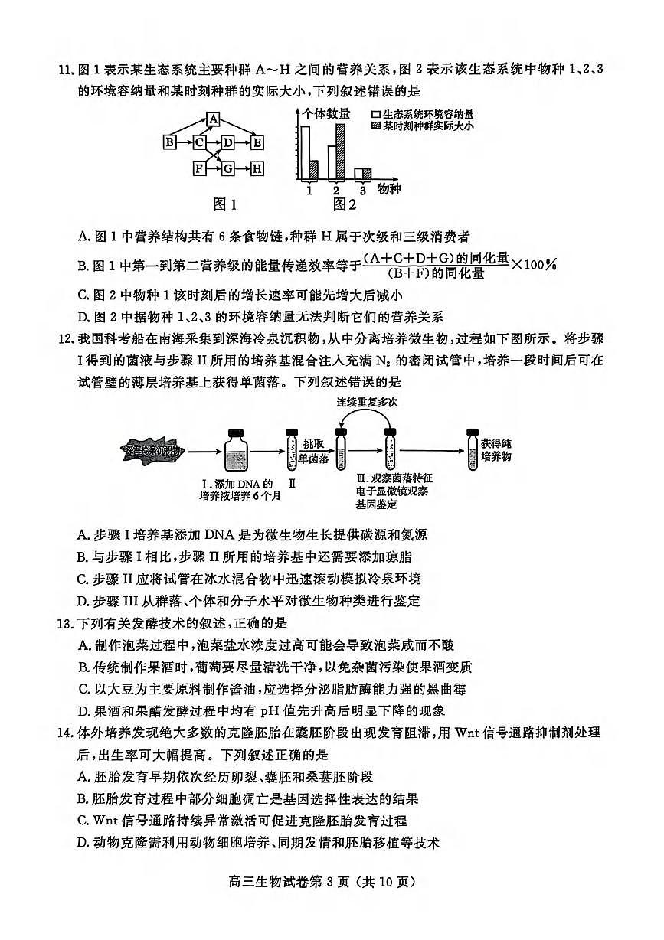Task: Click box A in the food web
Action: coord(214,119)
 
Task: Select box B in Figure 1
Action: coord(170,142)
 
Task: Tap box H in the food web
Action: coord(257,168)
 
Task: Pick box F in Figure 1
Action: coord(200,168)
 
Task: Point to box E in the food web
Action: coord(257,142)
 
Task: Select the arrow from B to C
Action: coord(185,142)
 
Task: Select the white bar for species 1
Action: coord(306,152)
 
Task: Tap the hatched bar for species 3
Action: coord(367,174)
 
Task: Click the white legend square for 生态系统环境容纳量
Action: coord(375,113)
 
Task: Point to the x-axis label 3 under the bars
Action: coord(363,190)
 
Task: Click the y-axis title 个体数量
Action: coord(326,113)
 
